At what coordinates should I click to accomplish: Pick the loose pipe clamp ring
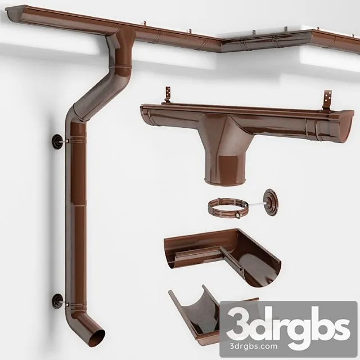coord(226,208)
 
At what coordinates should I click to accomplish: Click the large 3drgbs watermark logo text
coord(288,326)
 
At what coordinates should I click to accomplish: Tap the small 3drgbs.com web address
coord(288,345)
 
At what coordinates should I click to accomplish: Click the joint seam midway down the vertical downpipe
coord(76,206)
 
